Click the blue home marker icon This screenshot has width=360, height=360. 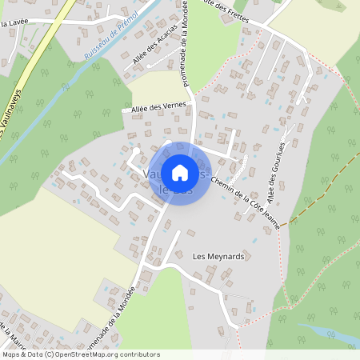click(x=180, y=173)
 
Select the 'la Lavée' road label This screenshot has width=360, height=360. click(x=14, y=26)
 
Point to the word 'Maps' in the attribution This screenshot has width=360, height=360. click(x=11, y=354)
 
